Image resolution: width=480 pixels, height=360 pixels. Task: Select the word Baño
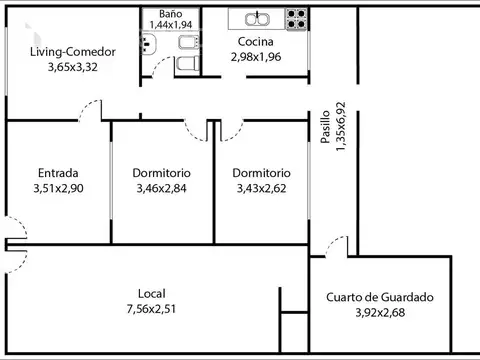[x=169, y=14]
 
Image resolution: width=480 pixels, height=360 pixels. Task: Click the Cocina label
[x=257, y=42]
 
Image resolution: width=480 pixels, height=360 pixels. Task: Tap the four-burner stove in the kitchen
[x=297, y=17]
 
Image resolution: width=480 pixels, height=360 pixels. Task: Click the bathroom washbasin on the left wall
[x=147, y=44]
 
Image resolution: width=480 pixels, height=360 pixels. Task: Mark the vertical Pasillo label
[x=326, y=129]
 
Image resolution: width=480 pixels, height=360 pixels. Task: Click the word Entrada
[x=58, y=172]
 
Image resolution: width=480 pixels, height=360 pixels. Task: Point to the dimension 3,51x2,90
[x=58, y=187]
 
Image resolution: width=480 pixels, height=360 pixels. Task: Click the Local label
[x=152, y=294]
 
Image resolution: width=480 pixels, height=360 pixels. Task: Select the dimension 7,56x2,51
[x=152, y=310]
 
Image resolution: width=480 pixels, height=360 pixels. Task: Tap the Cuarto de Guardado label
[x=379, y=297]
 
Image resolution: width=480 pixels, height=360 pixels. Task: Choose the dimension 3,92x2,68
[x=379, y=312]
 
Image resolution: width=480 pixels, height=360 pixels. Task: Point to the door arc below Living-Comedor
[x=92, y=109]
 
